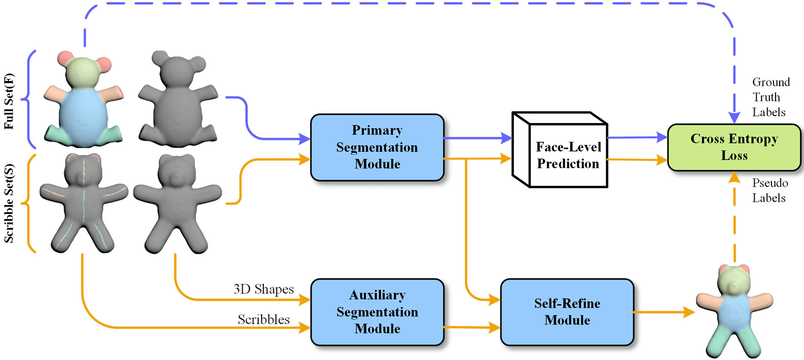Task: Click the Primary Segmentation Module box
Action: click(x=377, y=147)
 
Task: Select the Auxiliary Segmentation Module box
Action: click(x=377, y=312)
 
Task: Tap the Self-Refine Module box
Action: click(x=566, y=312)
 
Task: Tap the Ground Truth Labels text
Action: click(x=771, y=97)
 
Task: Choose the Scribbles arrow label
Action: click(x=264, y=318)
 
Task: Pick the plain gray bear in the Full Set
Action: click(x=175, y=100)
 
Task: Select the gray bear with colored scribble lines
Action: click(x=84, y=202)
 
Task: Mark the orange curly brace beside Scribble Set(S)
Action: click(x=30, y=202)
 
